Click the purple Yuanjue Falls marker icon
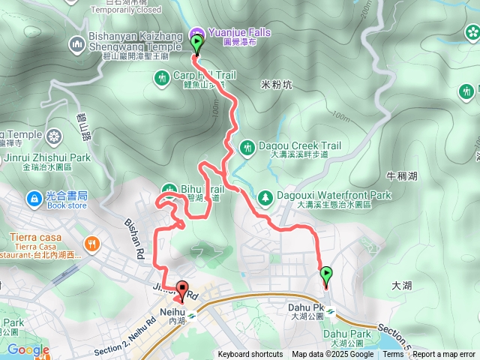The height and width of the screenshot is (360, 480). coord(196,32)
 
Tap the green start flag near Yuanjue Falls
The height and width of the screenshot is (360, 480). coord(197,46)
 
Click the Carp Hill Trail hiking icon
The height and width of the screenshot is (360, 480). coord(161,77)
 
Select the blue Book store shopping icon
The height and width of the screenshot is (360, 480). coord(33,198)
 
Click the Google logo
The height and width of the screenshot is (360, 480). coord(28,349)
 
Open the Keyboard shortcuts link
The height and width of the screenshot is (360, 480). coord(250,355)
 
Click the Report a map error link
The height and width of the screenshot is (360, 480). coord(444,355)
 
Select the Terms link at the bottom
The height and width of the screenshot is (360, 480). coord(393,355)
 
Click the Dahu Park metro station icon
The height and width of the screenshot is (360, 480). coord(330,313)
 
